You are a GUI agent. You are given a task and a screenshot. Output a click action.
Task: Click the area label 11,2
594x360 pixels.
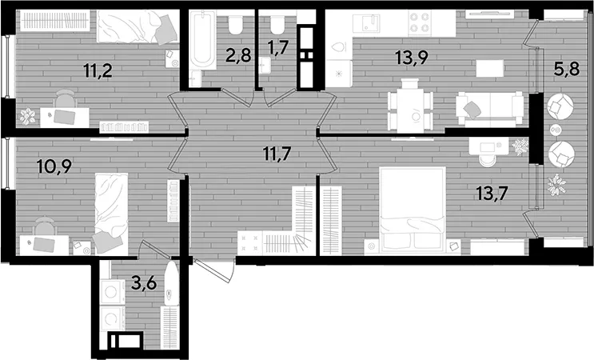point(98,71)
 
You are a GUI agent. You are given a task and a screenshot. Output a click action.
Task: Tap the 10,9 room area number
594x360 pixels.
point(54,166)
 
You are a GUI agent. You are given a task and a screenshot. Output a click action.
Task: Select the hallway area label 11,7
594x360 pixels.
point(277,154)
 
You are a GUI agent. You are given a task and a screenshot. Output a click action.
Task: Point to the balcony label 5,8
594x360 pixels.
point(567,69)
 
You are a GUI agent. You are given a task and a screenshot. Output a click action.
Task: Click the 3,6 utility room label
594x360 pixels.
point(144,282)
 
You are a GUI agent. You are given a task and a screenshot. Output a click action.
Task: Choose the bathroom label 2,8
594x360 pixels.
point(238,55)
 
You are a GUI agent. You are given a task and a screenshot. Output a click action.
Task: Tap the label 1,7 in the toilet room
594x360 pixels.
point(278,47)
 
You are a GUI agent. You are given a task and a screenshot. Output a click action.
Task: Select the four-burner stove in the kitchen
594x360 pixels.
point(421,22)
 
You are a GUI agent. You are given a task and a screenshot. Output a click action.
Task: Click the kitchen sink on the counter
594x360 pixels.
point(366,23)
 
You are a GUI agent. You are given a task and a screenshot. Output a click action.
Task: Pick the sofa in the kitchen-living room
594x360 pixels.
point(491,109)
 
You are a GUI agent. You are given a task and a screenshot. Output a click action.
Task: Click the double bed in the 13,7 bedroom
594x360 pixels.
point(413,209)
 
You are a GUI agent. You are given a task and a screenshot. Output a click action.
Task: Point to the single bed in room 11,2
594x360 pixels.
point(138,26)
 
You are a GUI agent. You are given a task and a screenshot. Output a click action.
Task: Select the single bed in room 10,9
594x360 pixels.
point(111,214)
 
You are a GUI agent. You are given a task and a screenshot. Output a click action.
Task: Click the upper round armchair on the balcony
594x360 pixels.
point(560,106)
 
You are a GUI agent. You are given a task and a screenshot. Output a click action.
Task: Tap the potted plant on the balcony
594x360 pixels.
point(556,185)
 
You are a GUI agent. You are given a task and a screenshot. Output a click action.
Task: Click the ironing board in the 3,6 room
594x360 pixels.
point(171,283)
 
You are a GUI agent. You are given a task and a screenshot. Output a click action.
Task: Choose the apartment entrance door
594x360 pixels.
point(213,270)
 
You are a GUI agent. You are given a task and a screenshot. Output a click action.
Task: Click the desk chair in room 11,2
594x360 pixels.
point(65,99)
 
